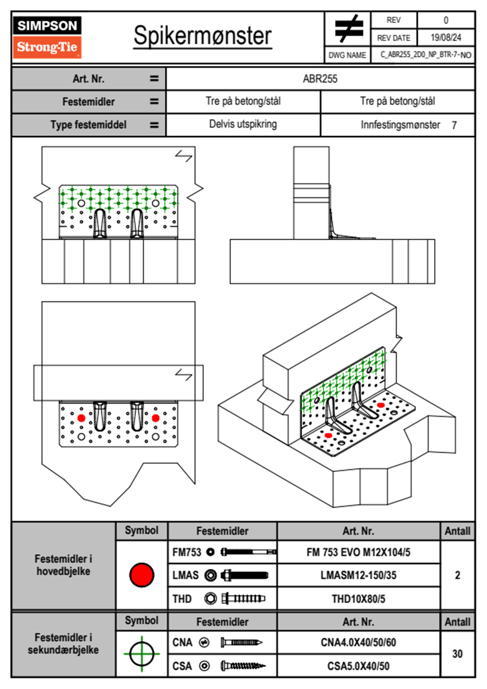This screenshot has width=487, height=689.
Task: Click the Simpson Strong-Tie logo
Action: pos(47,37)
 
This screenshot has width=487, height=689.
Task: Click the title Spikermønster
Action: pos(202,36)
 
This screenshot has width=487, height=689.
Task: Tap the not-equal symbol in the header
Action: pos(349,29)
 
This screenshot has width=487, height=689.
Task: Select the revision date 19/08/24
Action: pos(446,38)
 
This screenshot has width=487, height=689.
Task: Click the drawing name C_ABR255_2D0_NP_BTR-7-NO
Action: pos(426,55)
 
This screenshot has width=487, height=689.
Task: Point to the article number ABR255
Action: pos(320,79)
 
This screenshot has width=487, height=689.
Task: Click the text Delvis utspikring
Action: pos(243,124)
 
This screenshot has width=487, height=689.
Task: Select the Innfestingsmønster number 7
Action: pos(454,125)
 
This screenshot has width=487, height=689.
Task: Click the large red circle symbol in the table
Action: pos(142,575)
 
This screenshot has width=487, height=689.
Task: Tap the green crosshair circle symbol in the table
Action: pos(142,654)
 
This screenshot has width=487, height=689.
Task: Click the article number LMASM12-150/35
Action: pos(358,576)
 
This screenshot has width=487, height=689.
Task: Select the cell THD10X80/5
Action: pos(358,599)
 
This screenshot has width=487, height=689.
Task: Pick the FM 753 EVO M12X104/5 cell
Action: pos(358,552)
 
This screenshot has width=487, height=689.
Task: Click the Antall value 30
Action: pos(457,654)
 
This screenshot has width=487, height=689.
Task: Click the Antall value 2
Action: pos(457,575)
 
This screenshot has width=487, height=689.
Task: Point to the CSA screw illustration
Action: pos(243,666)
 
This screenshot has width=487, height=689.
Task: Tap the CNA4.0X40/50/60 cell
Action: pos(358,642)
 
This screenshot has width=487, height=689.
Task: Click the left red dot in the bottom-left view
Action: pos(81,418)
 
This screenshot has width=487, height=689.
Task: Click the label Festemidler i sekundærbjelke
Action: pos(63,644)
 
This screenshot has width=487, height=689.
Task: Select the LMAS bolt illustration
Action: pos(244,576)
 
